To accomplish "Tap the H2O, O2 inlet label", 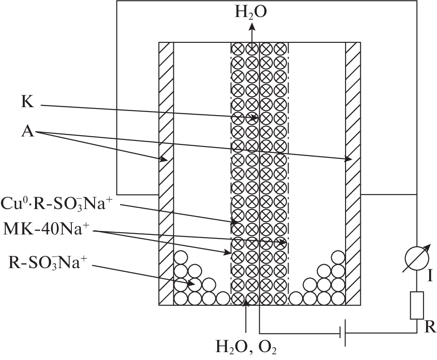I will tap(246, 348).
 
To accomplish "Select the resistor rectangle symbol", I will tap(416, 305).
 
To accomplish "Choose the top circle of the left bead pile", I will tap(180, 258).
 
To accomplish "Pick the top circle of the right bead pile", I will tap(338, 258).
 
